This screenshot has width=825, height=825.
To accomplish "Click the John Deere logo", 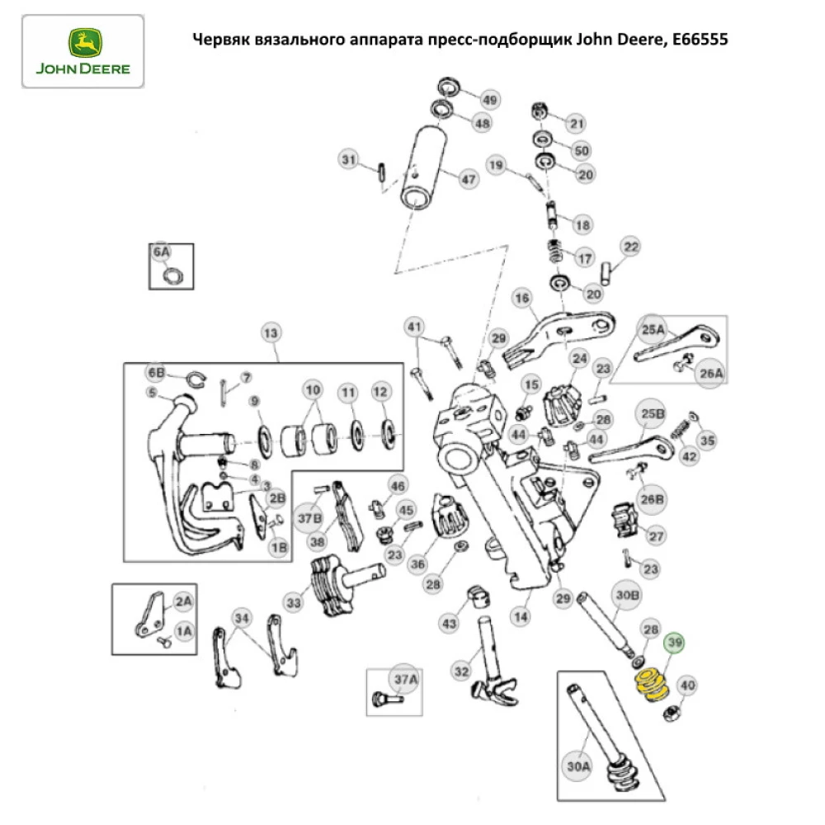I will pyautogui.click(x=82, y=51).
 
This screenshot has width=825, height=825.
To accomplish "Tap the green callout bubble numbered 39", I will pyautogui.click(x=676, y=643).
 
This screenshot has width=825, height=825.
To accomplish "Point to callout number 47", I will pyautogui.click(x=469, y=179).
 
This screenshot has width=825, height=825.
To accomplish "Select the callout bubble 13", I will pyautogui.click(x=271, y=333).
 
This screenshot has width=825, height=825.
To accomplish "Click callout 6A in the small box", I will pyautogui.click(x=161, y=252).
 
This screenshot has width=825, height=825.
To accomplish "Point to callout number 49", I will pyautogui.click(x=490, y=101).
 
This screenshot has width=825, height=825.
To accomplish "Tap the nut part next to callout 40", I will pyautogui.click(x=672, y=712).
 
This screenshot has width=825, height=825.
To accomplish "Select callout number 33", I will pyautogui.click(x=295, y=603).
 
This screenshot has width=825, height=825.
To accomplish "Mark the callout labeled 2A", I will pyautogui.click(x=183, y=601).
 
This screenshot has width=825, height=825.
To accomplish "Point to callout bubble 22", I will pyautogui.click(x=630, y=246).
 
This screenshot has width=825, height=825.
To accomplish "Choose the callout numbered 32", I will pyautogui.click(x=461, y=672).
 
